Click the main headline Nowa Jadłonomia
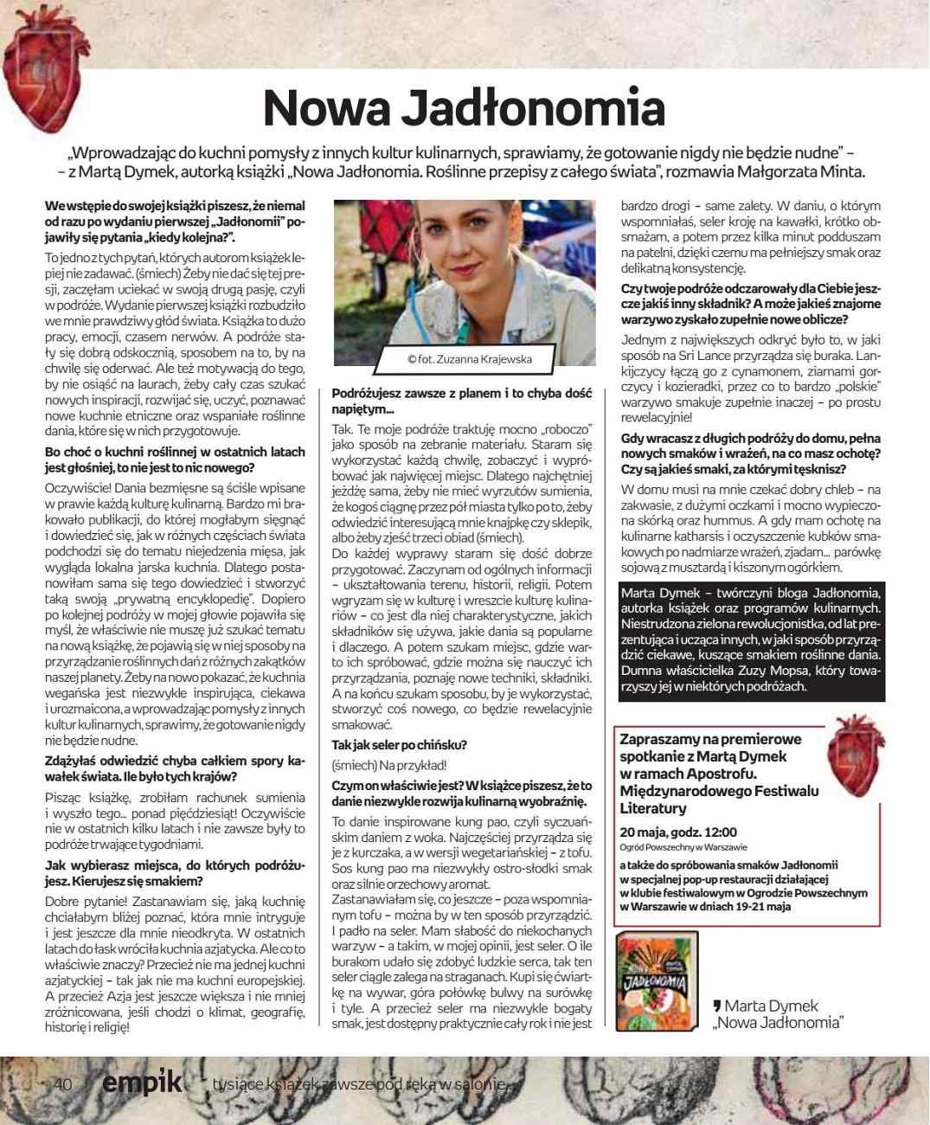464,107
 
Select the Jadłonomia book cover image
656,981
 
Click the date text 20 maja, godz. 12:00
679,832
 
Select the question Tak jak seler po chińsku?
400,745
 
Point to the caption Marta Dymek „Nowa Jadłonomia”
775,1013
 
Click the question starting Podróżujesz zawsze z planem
462,401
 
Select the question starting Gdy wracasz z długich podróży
751,453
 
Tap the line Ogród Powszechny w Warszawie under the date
683,847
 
